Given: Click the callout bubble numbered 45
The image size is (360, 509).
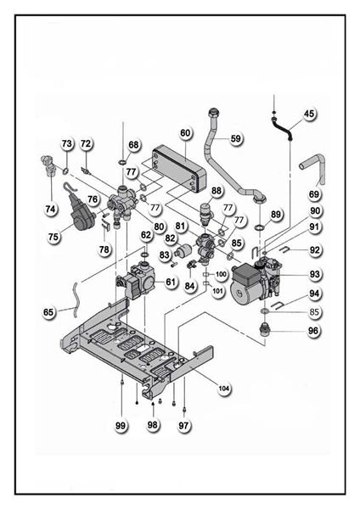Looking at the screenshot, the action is tap(309, 114).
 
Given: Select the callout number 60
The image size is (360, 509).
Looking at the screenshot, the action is tap(185, 133).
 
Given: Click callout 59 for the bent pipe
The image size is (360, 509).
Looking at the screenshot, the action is tap(235, 138).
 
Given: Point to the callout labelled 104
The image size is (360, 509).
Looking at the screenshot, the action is tap(224, 389).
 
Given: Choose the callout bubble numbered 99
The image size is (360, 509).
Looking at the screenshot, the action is tap(121, 425).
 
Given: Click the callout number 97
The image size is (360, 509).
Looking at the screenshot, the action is tap(184, 425).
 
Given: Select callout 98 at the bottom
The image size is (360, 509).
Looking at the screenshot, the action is tap(152, 425).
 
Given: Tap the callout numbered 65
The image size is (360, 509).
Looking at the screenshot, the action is tap(48, 312).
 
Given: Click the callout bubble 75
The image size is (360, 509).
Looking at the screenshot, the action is tap(53, 237).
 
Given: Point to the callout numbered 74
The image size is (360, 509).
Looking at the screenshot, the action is tap(50, 209).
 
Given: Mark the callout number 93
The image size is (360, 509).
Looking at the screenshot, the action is tap(314, 274).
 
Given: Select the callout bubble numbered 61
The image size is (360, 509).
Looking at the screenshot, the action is tap(171, 282).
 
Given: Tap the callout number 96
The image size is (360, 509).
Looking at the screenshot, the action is tap(313, 331).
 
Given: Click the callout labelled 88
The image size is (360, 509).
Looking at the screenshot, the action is tap(217, 191).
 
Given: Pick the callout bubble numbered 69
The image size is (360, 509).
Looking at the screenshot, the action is tap(314, 194).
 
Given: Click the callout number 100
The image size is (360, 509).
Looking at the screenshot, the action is tap(221, 275).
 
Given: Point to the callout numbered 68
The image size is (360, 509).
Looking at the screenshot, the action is tap(133, 145).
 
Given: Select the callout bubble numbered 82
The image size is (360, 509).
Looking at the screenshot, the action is tap(170, 238).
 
